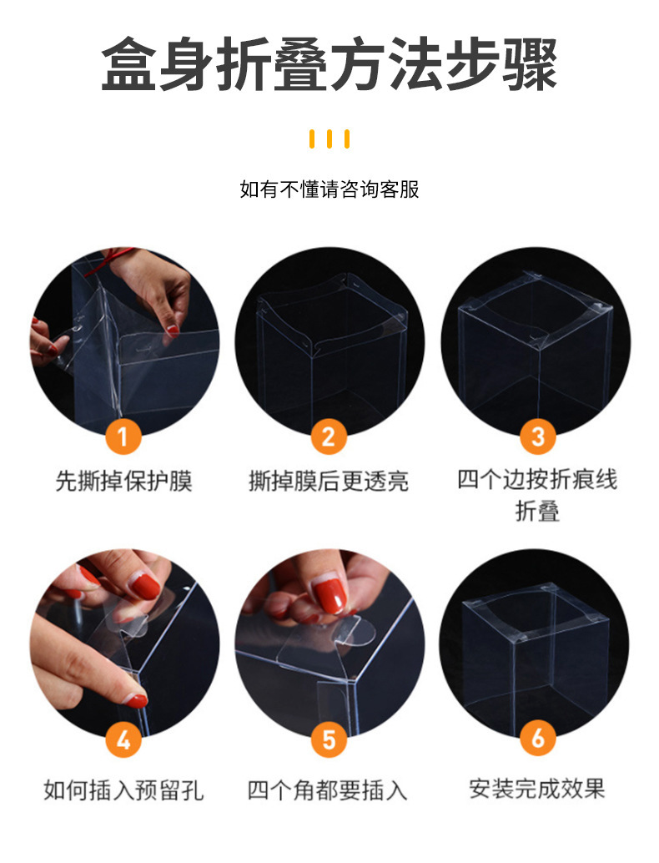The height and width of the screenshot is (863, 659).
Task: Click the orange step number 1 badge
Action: (123, 437)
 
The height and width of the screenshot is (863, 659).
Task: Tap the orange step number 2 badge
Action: (329, 437)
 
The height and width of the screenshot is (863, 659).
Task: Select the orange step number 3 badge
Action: (537, 437)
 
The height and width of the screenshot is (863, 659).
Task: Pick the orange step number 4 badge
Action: (123, 739)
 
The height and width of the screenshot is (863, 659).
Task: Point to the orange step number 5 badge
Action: (329, 739)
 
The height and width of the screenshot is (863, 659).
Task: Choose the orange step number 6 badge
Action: (537, 738)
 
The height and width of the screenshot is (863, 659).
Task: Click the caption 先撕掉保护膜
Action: (123, 481)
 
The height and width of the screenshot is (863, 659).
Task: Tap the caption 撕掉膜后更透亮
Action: (329, 481)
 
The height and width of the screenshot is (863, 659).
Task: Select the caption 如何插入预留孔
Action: (123, 790)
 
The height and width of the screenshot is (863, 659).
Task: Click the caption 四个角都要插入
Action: (327, 790)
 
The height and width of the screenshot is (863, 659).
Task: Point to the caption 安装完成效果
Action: (537, 788)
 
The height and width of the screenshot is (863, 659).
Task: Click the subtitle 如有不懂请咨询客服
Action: (329, 189)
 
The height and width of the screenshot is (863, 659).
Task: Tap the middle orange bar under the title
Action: (329, 139)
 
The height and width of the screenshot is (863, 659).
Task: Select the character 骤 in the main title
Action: (529, 63)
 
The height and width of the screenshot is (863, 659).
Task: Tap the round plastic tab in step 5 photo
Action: (360, 633)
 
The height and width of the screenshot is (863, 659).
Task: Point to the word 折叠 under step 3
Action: (537, 511)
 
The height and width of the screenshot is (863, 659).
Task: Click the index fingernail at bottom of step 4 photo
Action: (135, 700)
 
